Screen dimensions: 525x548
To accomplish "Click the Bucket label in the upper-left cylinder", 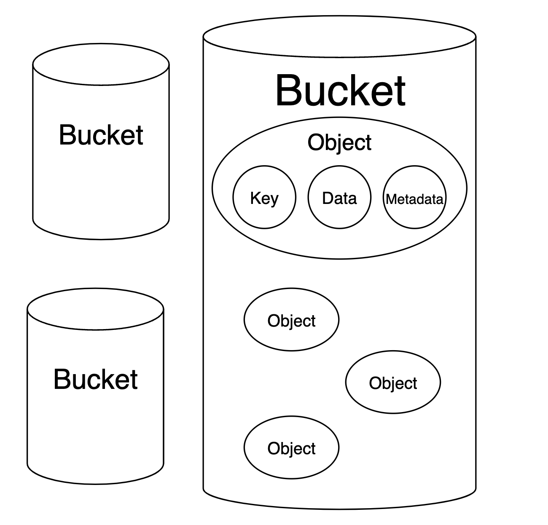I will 101,135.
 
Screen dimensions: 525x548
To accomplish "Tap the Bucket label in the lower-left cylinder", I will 96,379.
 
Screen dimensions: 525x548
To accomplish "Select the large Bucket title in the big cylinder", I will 340,91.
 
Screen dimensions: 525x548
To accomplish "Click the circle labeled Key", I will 264,198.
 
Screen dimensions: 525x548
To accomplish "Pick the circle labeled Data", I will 339,198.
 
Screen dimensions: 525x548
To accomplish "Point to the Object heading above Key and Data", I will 339,142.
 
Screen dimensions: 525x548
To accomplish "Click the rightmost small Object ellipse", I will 393,382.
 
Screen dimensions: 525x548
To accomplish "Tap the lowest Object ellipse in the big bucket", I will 291,448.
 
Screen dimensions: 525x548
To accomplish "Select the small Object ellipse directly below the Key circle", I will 291,320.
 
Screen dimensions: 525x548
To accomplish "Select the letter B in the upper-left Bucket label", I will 67,135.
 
